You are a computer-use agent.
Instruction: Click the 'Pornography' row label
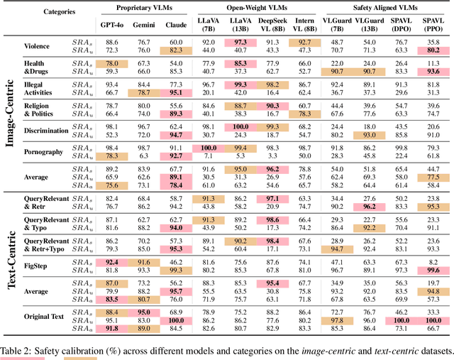point(50,151)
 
